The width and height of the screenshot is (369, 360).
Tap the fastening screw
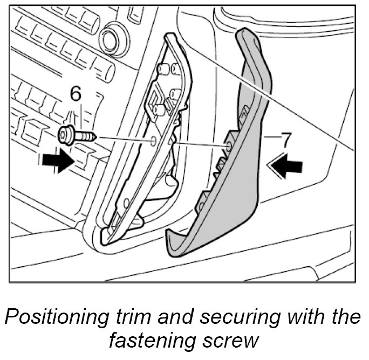[x=77, y=134]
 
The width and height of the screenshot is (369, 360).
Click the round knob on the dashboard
[x=112, y=38]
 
